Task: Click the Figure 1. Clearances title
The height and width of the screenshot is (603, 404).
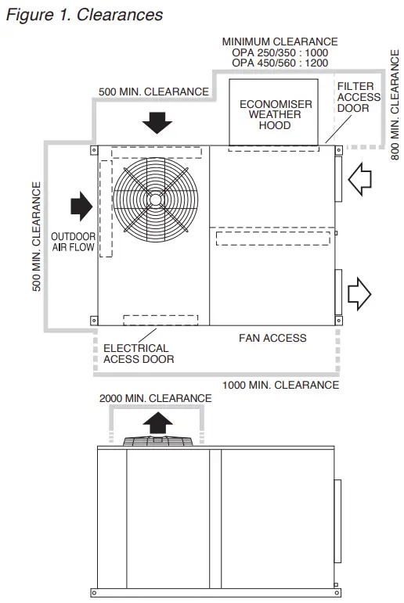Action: click(x=85, y=15)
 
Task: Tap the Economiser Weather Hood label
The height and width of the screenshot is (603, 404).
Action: click(x=276, y=115)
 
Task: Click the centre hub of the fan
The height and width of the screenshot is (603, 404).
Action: click(x=156, y=199)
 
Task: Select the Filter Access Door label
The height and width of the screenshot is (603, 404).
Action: click(x=359, y=97)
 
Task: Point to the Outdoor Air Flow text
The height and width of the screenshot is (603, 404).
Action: click(x=73, y=242)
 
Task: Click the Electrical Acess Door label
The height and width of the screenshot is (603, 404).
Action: click(x=139, y=354)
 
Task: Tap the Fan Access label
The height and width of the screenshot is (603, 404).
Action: click(x=272, y=338)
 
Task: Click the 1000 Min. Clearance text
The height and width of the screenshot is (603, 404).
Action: click(x=281, y=385)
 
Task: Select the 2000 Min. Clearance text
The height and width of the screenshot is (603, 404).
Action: click(x=156, y=398)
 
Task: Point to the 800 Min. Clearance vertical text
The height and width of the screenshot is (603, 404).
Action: click(x=395, y=105)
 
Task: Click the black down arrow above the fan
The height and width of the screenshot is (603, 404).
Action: click(x=157, y=123)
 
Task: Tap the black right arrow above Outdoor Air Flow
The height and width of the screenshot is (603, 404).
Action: click(x=81, y=206)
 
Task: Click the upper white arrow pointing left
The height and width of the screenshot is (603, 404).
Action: click(x=359, y=179)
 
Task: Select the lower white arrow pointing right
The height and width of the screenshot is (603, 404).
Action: click(x=359, y=293)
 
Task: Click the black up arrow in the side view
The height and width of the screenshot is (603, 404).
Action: click(x=158, y=423)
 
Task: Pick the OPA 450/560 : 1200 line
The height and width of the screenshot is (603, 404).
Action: click(x=280, y=63)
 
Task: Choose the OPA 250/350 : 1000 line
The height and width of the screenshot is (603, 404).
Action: click(x=280, y=52)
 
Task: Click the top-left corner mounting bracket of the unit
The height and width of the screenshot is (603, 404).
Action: click(x=94, y=150)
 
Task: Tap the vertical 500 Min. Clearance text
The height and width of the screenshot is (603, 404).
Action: click(x=36, y=236)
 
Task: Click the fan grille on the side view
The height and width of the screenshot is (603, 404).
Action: click(x=158, y=440)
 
